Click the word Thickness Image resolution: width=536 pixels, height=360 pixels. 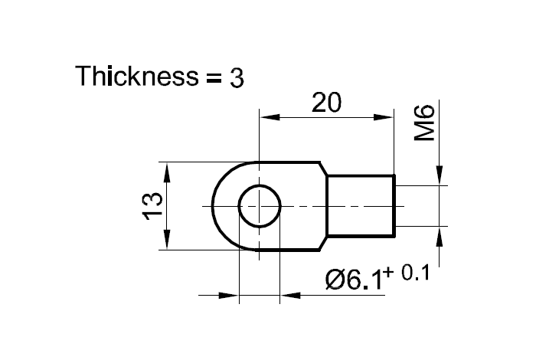click(133, 77)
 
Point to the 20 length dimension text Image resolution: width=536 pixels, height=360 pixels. click(327, 103)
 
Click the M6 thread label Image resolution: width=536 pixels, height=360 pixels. click(424, 124)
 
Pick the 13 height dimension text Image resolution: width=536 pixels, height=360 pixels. click(152, 206)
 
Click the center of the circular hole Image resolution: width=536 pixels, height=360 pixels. click(260, 206)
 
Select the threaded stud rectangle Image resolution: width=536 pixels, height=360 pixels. click(361, 206)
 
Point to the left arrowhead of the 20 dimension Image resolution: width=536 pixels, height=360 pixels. click(267, 118)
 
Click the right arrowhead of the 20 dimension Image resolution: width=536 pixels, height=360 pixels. click(385, 118)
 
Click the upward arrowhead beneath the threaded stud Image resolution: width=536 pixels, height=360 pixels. click(440, 234)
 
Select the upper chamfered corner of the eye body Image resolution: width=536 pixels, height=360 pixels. click(323, 169)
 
